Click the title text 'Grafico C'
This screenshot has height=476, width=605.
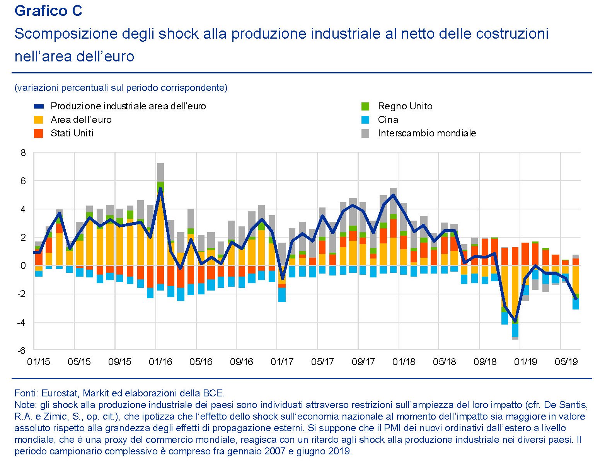(x=48, y=11)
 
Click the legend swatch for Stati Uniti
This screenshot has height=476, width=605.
(x=39, y=133)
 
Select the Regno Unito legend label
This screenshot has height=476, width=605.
(x=405, y=106)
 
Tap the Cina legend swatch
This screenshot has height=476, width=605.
(x=365, y=120)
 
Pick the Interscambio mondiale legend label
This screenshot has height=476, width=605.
(x=427, y=133)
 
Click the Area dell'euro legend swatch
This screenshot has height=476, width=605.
(x=39, y=120)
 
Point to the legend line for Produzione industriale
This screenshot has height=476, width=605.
(x=39, y=106)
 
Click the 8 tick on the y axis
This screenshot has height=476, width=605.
(x=23, y=153)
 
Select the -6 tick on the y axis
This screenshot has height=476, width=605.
(x=22, y=350)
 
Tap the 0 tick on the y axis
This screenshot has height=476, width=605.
(x=23, y=266)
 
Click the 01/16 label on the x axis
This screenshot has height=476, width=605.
(x=160, y=362)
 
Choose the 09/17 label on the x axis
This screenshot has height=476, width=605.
(x=363, y=362)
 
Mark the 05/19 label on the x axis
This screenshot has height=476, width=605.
(x=566, y=362)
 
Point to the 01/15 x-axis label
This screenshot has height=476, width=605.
(x=39, y=362)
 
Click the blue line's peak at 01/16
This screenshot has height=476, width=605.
(x=160, y=189)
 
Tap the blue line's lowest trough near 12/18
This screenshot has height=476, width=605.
(x=515, y=321)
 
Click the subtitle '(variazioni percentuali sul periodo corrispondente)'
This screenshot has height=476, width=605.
(x=121, y=88)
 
